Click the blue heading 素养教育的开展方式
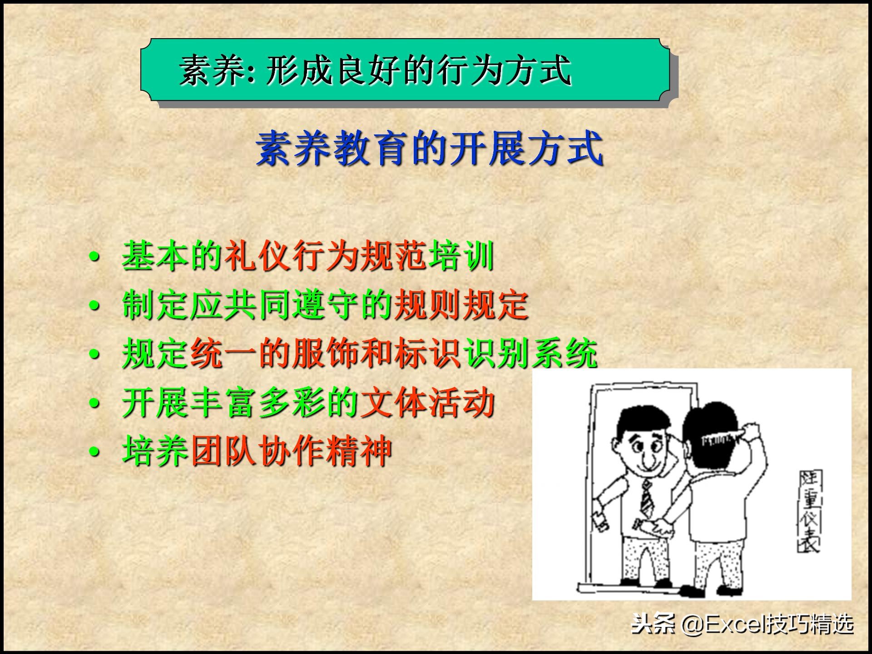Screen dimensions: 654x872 click(x=429, y=149)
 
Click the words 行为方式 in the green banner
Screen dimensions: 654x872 click(x=504, y=71)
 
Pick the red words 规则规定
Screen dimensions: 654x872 click(x=461, y=305)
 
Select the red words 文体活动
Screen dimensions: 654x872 click(x=427, y=403)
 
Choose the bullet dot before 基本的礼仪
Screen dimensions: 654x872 click(x=94, y=257)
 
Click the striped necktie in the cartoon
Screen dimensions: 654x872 click(x=647, y=500)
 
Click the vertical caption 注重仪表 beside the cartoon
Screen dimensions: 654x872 click(x=809, y=511)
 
